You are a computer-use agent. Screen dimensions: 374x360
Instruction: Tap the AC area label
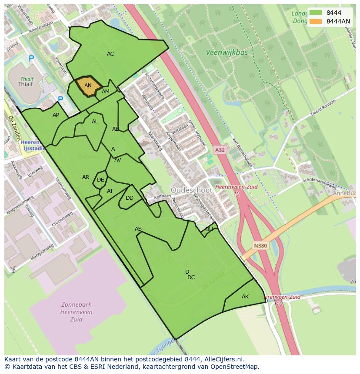[x=110, y=54]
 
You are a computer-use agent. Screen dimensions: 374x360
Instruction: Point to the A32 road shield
[x=220, y=150]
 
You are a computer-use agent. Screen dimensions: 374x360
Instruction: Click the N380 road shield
[x=260, y=246]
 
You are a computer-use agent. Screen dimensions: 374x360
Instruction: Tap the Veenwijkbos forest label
[x=227, y=53]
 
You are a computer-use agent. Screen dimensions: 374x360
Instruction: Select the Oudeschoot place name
[x=191, y=190]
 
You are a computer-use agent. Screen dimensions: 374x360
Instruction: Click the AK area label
[x=245, y=297]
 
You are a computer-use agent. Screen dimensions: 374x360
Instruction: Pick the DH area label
[x=209, y=229]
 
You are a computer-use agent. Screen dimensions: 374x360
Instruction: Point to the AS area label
[x=138, y=229]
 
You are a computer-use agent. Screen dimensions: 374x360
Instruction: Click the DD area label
[x=130, y=198]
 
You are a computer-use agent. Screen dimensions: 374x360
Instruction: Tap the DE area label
[x=100, y=180]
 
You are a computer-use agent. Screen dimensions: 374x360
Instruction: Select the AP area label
[x=56, y=115]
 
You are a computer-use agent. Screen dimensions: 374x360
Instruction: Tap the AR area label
[x=86, y=177]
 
